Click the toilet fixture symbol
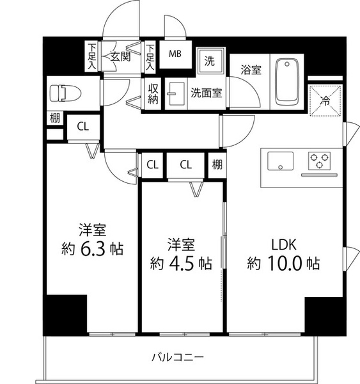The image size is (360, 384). tap(65, 93)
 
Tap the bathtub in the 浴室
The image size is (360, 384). tap(287, 83)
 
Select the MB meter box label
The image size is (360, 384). tap(175, 54)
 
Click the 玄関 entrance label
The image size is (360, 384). tap(120, 57)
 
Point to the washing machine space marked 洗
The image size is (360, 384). tap(210, 61)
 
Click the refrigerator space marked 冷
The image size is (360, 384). tap(325, 100)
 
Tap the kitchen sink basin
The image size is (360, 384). tap(280, 161)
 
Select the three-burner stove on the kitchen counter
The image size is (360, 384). tap(319, 161)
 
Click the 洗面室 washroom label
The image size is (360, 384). tap(207, 93)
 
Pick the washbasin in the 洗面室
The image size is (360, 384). tap(175, 93)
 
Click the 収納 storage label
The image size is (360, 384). tap(153, 94)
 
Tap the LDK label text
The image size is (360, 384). tap(284, 244)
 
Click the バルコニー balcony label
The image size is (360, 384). tap(178, 358)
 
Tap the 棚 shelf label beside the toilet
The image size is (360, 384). tap(55, 118)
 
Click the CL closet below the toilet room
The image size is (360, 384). tap(83, 127)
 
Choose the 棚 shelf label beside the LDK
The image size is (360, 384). tap(217, 164)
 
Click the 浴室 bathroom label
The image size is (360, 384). tap(251, 70)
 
